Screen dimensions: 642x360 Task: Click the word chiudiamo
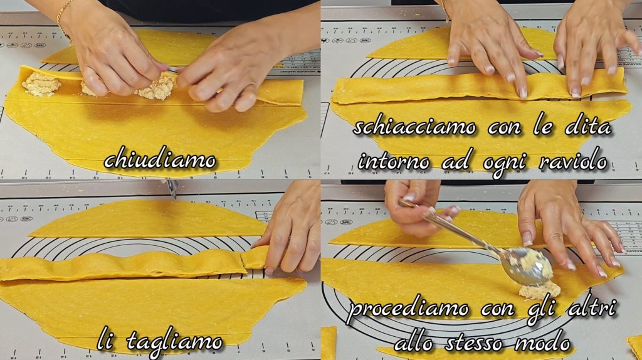click(160, 160)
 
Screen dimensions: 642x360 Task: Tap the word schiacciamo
click(414, 127)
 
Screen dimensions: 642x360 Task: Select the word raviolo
click(573, 161)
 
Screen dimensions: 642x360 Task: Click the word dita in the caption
click(588, 127)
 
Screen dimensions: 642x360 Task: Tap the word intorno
click(394, 161)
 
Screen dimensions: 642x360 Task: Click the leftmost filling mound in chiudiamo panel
click(41, 84)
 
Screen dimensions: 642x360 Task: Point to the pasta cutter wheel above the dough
click(172, 188)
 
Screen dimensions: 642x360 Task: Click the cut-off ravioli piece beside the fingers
click(255, 258)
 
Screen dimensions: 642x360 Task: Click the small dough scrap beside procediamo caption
click(329, 342)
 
